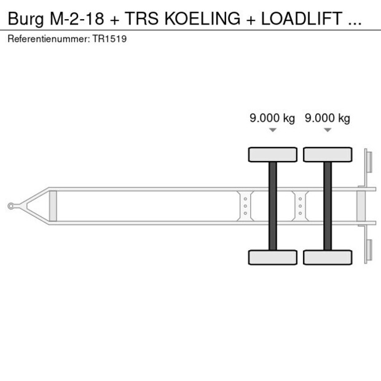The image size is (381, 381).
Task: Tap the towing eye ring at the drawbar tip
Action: point(11,206)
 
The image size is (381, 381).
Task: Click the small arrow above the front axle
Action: point(272,130)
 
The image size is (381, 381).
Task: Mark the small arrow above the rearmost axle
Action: point(328,130)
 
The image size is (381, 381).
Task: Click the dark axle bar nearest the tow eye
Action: point(273,206)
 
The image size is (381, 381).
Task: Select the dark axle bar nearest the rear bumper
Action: point(328,206)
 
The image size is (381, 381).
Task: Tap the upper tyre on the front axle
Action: point(273,154)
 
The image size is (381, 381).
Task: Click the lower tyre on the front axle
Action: point(273,257)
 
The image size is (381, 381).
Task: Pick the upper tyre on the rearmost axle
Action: point(328,154)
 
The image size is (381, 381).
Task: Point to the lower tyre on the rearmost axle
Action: point(328,257)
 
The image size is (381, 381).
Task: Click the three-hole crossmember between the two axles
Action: point(300,206)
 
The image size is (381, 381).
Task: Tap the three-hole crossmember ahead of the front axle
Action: point(245,206)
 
